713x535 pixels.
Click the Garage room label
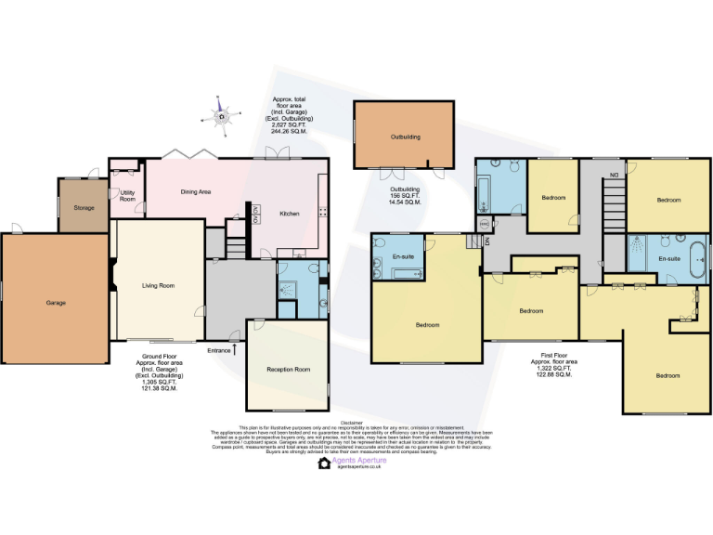[55, 303]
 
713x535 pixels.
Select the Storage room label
[84, 207]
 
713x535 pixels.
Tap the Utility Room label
[127, 197]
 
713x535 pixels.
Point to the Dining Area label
[195, 191]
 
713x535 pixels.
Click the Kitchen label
[290, 214]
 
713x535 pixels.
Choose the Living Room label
[158, 286]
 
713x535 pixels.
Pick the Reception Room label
[288, 369]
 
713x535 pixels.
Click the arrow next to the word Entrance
[236, 349]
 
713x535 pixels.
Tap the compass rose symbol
[221, 115]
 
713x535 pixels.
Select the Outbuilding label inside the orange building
[405, 137]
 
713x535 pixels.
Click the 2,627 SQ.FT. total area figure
[289, 125]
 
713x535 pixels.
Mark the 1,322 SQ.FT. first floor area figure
[552, 369]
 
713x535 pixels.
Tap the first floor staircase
[613, 199]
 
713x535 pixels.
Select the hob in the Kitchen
[323, 212]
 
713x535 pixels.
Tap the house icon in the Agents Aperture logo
[324, 463]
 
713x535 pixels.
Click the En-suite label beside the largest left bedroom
[403, 255]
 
